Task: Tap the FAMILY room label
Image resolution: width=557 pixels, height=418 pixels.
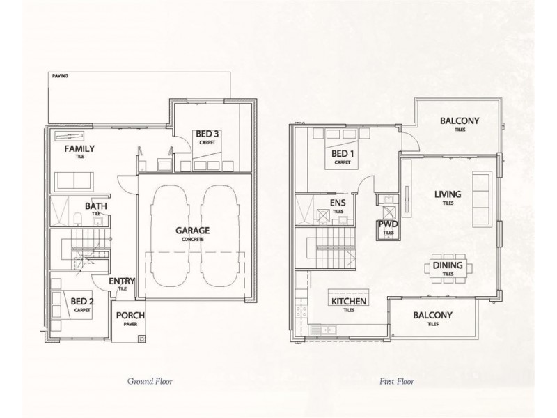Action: point(79,149)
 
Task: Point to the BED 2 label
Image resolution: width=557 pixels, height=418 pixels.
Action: point(82,301)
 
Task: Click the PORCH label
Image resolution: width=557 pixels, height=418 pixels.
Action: point(130,315)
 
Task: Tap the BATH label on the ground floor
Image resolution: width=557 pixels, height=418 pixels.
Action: point(96,206)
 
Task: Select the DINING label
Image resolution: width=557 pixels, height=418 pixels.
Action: point(446,265)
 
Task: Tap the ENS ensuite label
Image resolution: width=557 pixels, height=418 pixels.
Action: point(337,203)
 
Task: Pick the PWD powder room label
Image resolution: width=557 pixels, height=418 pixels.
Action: point(387,224)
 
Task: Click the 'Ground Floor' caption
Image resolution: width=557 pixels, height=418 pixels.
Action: point(150,381)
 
